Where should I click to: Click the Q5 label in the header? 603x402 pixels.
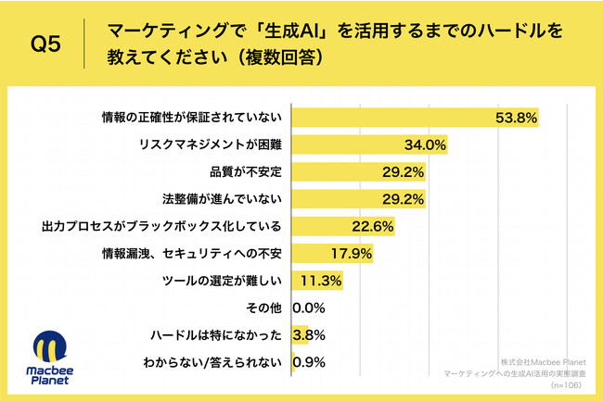(47, 44)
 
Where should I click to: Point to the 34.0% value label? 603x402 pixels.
(425, 144)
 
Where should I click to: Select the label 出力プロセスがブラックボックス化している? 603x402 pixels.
(162, 226)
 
